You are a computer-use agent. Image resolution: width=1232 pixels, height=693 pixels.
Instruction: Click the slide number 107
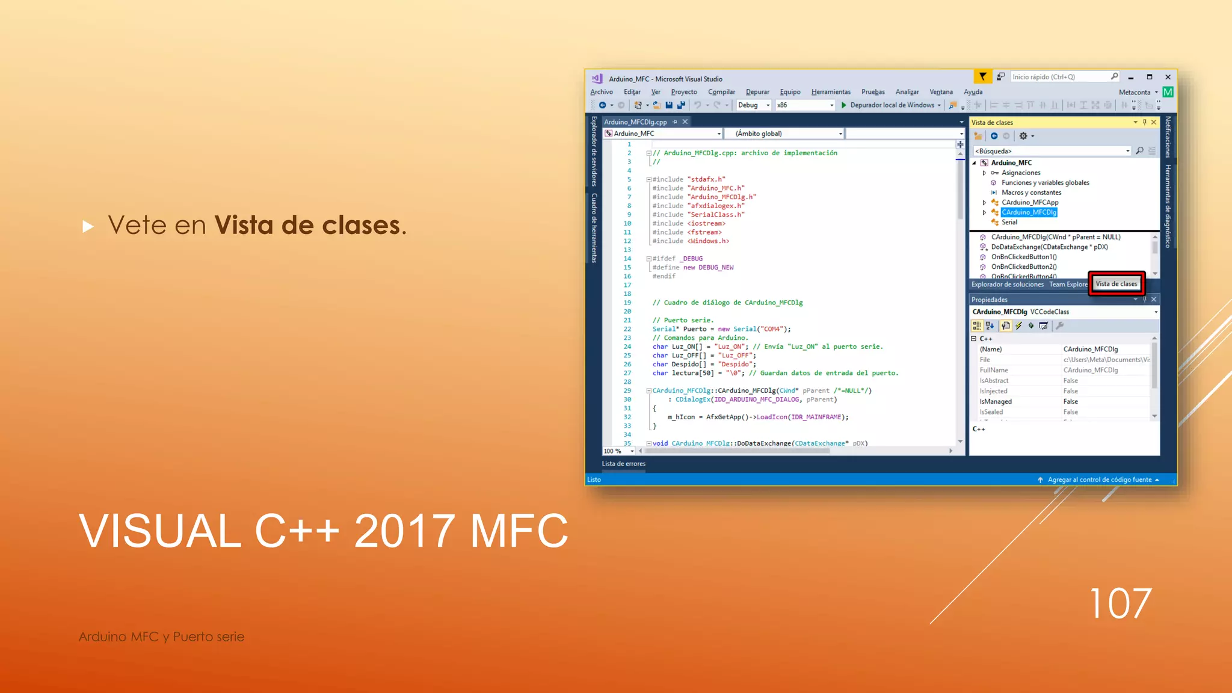[x=1120, y=603]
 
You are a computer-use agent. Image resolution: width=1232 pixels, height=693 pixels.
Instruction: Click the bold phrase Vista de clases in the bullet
[x=310, y=226]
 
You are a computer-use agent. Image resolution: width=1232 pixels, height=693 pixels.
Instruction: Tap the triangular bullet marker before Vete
[x=88, y=227]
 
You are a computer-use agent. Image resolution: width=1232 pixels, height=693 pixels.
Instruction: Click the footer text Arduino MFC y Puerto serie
[x=161, y=636]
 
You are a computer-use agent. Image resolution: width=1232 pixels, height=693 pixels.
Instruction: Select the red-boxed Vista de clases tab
[x=1116, y=284]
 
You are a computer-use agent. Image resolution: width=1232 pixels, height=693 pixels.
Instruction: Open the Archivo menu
[x=601, y=92]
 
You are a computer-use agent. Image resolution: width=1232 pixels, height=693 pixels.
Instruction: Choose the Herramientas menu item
[x=830, y=92]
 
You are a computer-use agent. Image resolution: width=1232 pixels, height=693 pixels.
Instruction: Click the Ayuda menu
[x=973, y=92]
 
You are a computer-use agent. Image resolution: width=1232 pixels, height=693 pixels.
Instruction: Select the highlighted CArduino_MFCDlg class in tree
[x=1029, y=212]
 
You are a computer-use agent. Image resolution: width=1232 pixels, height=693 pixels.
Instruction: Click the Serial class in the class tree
[x=1009, y=223]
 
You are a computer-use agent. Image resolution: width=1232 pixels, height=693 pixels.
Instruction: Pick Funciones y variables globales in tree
[x=1045, y=183]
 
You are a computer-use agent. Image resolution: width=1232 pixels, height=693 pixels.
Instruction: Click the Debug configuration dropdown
[x=753, y=105]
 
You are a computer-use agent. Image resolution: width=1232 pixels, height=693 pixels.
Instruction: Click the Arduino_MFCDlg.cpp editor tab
[x=635, y=122]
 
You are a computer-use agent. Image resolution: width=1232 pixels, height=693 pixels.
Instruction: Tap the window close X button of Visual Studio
[x=1168, y=77]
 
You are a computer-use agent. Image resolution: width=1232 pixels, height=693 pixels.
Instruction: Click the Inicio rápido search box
[x=1061, y=77]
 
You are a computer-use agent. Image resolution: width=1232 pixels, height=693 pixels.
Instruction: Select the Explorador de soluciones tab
[x=1007, y=285]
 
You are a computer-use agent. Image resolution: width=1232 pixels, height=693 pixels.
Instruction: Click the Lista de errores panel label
[x=623, y=464]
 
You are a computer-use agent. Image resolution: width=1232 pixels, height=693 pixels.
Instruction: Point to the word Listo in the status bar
[x=594, y=479]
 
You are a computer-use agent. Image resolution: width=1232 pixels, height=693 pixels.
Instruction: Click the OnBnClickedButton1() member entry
[x=1023, y=257]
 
